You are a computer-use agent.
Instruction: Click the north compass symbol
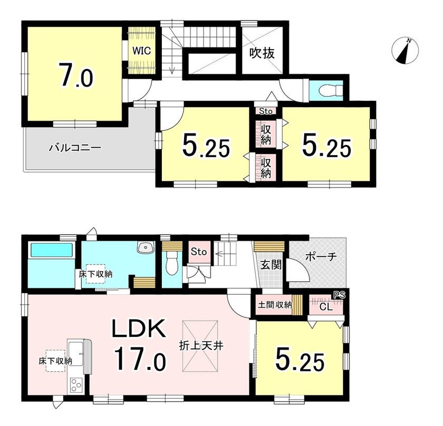pyautogui.click(x=405, y=51)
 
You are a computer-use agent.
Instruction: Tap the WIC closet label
pyautogui.click(x=142, y=51)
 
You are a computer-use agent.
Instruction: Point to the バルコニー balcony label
pyautogui.click(x=75, y=148)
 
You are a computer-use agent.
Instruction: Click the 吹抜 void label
pyautogui.click(x=262, y=53)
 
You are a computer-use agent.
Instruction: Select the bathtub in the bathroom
pyautogui.click(x=52, y=250)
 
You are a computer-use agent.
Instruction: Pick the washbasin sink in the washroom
pyautogui.click(x=146, y=247)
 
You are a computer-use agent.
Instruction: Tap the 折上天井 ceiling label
pyautogui.click(x=201, y=346)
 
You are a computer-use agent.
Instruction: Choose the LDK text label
pyautogui.click(x=139, y=328)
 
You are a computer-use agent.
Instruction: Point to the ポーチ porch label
pyautogui.click(x=321, y=257)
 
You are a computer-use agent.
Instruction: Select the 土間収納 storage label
pyautogui.click(x=275, y=305)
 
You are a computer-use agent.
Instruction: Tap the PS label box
pyautogui.click(x=339, y=295)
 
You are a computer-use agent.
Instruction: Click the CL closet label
pyautogui.click(x=326, y=307)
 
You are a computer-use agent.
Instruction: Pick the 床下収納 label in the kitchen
pyautogui.click(x=55, y=361)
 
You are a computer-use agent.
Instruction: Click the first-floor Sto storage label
pyautogui.click(x=199, y=251)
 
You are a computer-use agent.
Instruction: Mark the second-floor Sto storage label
pyautogui.click(x=266, y=111)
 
